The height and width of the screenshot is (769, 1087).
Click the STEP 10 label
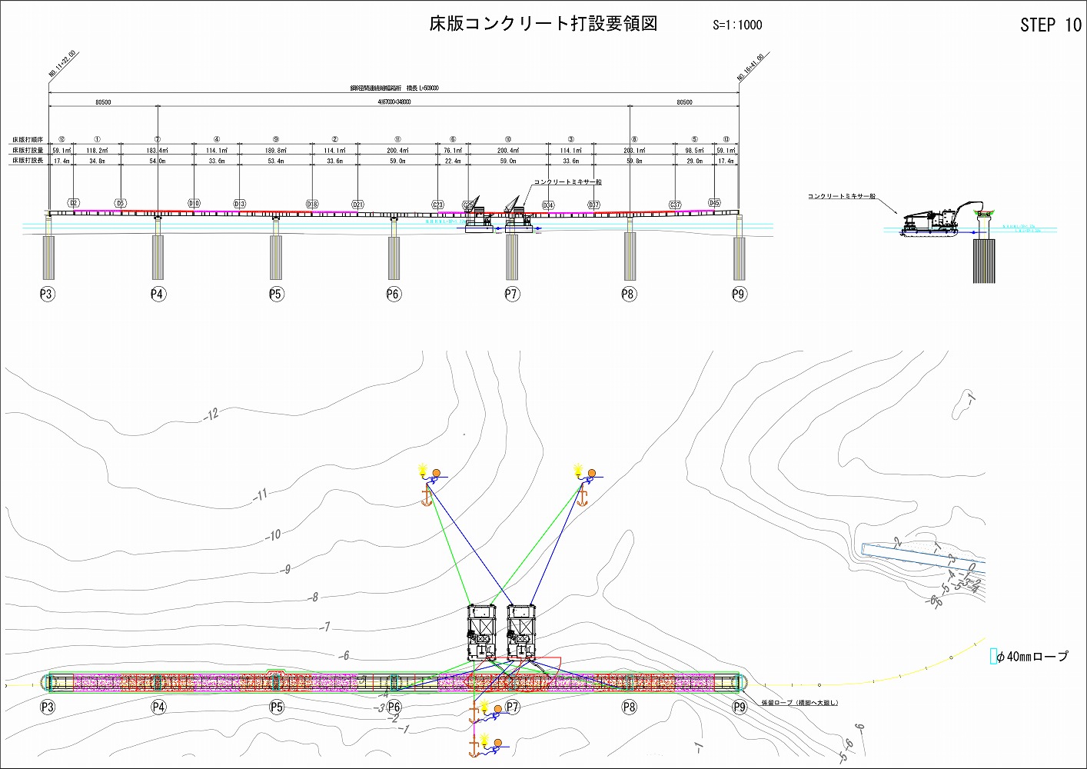tap(1050, 25)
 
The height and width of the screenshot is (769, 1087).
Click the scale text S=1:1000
tap(737, 25)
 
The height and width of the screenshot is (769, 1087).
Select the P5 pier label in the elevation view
tap(276, 294)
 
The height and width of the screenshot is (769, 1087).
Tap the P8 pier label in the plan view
tap(629, 707)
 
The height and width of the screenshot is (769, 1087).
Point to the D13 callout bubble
tap(239, 204)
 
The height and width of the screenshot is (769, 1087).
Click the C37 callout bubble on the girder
tap(675, 205)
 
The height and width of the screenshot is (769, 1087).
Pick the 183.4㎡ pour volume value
tap(158, 151)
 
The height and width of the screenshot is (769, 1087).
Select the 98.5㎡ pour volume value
tap(695, 151)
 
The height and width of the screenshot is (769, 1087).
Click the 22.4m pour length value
tap(453, 161)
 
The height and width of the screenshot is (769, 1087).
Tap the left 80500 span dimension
tap(103, 102)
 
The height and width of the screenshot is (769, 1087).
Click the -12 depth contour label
tap(211, 414)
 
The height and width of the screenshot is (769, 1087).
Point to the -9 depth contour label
tap(287, 570)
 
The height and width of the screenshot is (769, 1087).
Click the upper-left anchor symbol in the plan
tap(426, 497)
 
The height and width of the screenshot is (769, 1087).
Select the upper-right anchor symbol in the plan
tap(582, 497)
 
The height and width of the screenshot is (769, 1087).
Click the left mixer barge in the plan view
tap(483, 633)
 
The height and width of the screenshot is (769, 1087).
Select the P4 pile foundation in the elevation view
tap(158, 257)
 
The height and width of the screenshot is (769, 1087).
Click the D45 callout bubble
tap(714, 204)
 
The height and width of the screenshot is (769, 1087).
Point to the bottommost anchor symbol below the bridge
tap(474, 745)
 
